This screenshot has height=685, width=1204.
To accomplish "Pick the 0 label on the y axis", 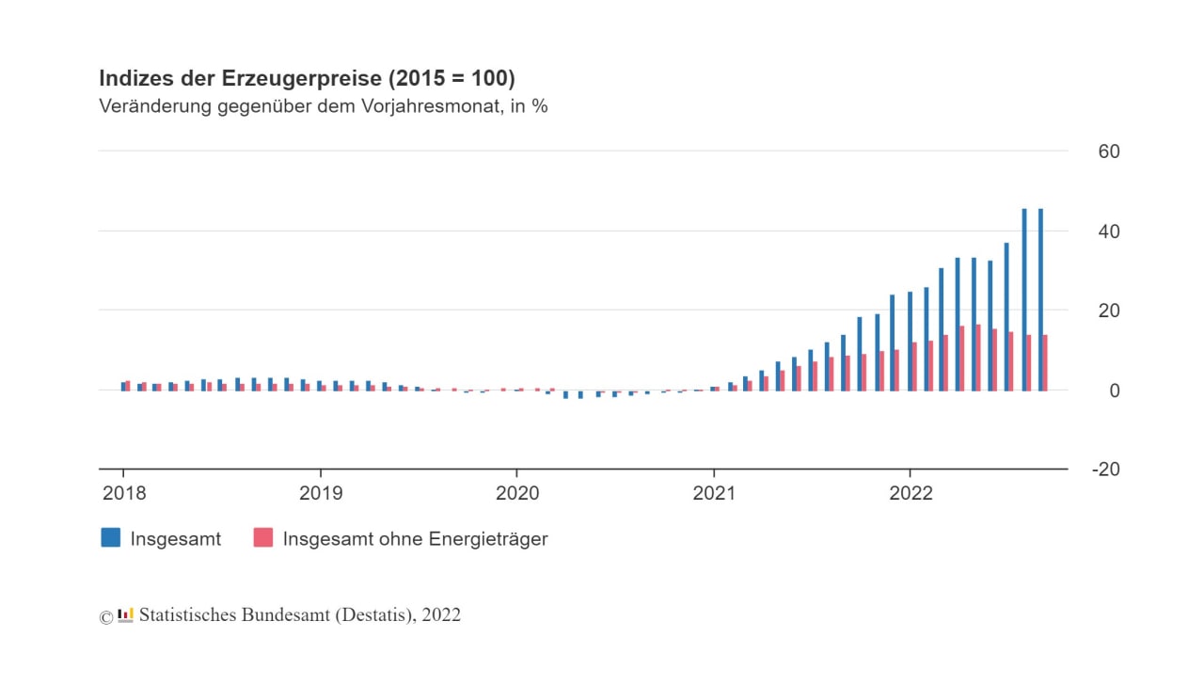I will click(x=1116, y=390).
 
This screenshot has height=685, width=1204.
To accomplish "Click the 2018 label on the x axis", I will click(x=123, y=492).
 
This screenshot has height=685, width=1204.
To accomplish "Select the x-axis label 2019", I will click(x=321, y=492).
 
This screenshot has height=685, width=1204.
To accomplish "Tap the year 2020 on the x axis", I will click(x=517, y=492).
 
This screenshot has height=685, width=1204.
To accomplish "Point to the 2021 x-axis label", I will click(x=714, y=492).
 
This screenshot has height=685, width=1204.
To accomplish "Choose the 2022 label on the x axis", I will click(x=911, y=492).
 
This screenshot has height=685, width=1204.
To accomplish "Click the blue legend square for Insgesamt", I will click(x=111, y=538).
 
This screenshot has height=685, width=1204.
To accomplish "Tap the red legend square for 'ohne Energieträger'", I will click(x=263, y=538).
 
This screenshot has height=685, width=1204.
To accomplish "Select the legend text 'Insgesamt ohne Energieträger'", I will click(x=415, y=539).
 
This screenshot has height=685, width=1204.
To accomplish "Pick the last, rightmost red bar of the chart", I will click(x=1045, y=362).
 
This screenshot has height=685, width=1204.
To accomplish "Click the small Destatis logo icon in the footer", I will click(x=125, y=615).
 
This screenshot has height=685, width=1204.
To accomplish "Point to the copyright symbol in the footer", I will click(x=106, y=617).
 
